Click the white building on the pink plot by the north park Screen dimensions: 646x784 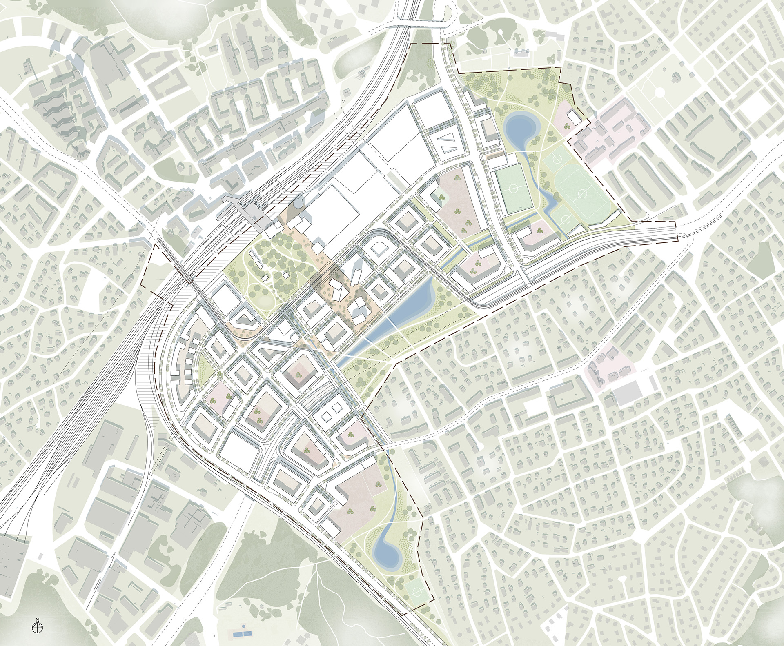point(573,119)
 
